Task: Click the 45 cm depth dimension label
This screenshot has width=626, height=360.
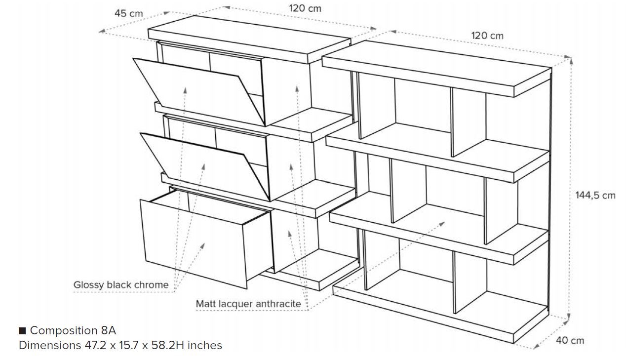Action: pyautogui.click(x=128, y=13)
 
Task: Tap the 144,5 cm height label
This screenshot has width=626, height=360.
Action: pyautogui.click(x=595, y=195)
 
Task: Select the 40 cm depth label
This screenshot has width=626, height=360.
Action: pyautogui.click(x=570, y=341)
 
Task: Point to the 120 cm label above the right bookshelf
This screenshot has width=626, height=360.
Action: pyautogui.click(x=487, y=36)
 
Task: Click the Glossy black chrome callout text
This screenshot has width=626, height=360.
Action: pyautogui.click(x=121, y=285)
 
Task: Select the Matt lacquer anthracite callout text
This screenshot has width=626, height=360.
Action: pyautogui.click(x=248, y=304)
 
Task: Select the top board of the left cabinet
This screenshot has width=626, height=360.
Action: pyautogui.click(x=249, y=40)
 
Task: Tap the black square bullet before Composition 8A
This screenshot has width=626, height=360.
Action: pyautogui.click(x=22, y=330)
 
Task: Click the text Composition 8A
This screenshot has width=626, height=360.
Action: pyautogui.click(x=73, y=330)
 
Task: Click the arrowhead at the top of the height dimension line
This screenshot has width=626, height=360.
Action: pyautogui.click(x=571, y=60)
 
